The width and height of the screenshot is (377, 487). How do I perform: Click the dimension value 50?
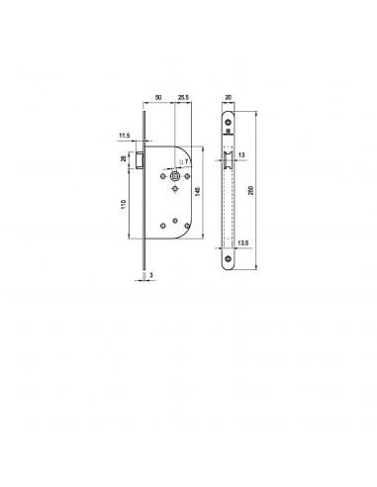coord(158,97)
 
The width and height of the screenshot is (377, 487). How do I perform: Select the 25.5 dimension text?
coord(183,97)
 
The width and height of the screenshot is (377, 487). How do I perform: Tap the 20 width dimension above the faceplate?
coord(228,97)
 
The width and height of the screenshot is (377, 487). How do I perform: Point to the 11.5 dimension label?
coord(125,136)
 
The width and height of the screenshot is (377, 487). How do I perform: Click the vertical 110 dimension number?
coord(124,204)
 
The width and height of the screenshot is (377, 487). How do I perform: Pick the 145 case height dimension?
coord(198,191)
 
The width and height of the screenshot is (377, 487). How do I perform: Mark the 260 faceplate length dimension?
coord(251,190)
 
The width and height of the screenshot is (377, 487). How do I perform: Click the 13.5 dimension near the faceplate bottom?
coord(242,243)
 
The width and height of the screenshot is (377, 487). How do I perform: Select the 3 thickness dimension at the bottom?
coord(151,274)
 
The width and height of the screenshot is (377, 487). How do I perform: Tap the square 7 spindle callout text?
coord(184,162)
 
